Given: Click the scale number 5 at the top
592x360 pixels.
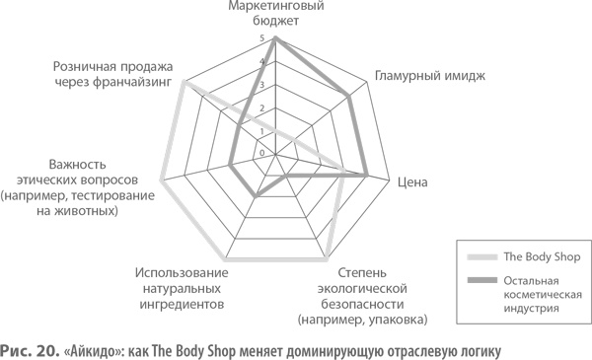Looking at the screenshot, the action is (x=261, y=39).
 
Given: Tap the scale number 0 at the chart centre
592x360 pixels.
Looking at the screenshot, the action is (x=261, y=153).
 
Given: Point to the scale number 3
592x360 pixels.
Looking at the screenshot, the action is (x=261, y=85).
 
